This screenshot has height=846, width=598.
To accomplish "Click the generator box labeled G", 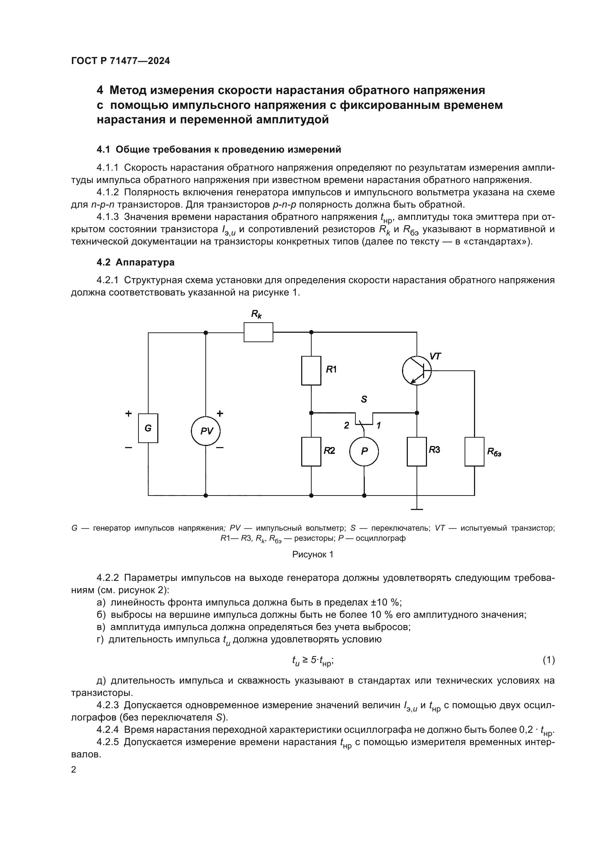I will [x=148, y=428].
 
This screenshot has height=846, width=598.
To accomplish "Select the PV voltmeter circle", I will [x=205, y=431].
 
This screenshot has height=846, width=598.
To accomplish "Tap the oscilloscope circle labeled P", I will [x=364, y=451].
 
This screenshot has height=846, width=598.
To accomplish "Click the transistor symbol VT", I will [x=417, y=371].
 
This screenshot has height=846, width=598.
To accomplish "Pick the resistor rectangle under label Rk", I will [x=258, y=332].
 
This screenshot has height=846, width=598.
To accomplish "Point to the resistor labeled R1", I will [x=311, y=370].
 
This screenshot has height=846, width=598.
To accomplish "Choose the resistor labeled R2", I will [x=311, y=451].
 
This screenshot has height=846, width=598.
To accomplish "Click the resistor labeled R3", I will [x=417, y=451].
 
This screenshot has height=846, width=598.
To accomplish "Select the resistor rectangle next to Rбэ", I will [x=474, y=451].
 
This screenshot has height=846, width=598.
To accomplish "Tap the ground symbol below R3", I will [x=417, y=509].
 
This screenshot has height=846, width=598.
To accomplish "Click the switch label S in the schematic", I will [x=364, y=399].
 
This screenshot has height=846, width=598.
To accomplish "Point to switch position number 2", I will [x=346, y=426].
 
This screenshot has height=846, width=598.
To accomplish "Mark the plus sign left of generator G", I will [x=128, y=413].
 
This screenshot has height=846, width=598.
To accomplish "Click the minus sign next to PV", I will [x=219, y=447].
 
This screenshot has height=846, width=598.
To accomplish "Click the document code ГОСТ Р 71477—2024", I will [x=120, y=61].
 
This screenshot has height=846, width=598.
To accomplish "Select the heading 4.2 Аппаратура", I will [x=135, y=262].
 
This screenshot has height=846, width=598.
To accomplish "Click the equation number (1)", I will [x=549, y=660].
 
